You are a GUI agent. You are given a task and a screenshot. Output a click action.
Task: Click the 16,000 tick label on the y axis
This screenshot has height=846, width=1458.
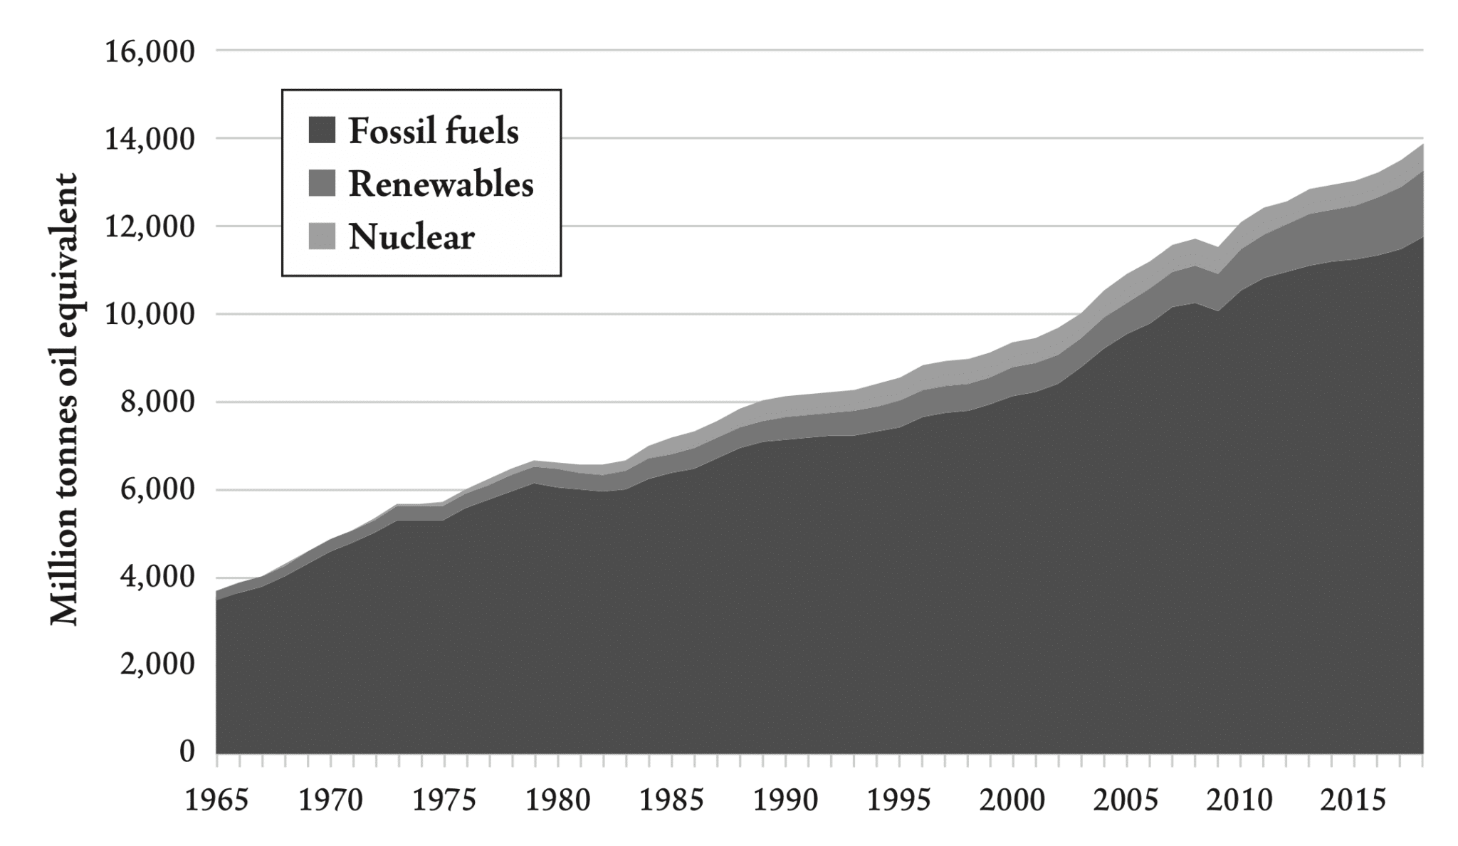(x=150, y=52)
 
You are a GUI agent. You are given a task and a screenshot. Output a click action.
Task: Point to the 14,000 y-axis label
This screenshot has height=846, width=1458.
(x=150, y=140)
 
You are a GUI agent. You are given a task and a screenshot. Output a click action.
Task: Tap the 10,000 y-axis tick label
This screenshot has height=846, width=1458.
(x=150, y=315)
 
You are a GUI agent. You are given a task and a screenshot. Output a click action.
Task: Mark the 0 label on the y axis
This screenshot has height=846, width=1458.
(x=187, y=752)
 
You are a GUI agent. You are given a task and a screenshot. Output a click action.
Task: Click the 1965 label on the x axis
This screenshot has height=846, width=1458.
(x=216, y=801)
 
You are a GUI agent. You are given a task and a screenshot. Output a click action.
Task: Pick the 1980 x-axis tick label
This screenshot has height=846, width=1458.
(x=558, y=801)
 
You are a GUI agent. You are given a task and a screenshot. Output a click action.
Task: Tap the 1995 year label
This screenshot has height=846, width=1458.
(x=900, y=801)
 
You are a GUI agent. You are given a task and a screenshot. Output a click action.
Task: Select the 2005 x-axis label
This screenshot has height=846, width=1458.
(x=1126, y=801)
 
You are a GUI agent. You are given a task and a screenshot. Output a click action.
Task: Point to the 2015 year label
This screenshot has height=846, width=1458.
(x=1354, y=801)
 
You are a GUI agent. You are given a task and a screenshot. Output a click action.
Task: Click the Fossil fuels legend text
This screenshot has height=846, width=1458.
(x=434, y=131)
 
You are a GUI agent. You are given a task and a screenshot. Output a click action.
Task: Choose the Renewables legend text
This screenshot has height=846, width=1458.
(x=441, y=184)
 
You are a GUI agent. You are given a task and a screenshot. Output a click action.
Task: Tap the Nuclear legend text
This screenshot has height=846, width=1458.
(x=411, y=237)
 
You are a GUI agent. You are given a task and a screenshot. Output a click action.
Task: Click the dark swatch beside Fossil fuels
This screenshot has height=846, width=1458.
(x=322, y=131)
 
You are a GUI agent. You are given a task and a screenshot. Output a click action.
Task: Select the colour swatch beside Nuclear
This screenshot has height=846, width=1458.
(x=322, y=237)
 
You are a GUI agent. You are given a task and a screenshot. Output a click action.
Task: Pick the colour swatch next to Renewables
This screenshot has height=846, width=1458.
(x=322, y=184)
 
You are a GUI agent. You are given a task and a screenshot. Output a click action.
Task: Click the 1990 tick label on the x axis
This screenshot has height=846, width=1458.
(x=785, y=801)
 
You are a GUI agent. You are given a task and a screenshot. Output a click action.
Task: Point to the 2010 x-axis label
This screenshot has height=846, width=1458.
(x=1240, y=801)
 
